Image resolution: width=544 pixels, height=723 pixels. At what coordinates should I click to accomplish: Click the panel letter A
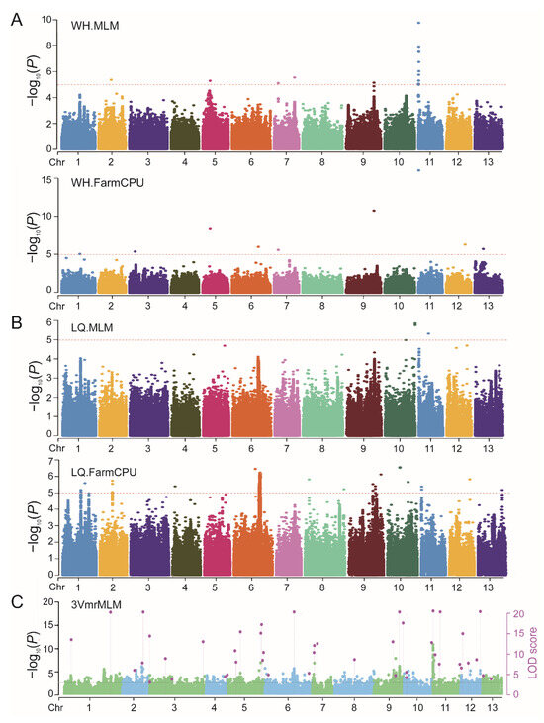(17, 20)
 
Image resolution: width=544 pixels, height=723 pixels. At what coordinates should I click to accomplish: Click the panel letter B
(16, 322)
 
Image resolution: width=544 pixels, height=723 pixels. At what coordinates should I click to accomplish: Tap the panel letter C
(17, 602)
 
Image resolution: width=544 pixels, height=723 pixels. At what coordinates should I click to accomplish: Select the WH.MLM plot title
(95, 26)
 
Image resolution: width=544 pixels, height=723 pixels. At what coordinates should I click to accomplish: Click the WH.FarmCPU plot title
(108, 183)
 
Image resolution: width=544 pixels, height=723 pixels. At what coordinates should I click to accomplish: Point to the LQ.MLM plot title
(92, 327)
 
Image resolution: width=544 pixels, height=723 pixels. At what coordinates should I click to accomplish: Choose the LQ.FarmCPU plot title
(104, 472)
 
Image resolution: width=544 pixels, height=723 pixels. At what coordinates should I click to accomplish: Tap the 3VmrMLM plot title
(96, 605)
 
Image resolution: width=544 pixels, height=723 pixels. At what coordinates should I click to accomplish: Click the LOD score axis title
(532, 653)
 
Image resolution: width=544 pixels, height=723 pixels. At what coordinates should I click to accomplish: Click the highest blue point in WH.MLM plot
(418, 23)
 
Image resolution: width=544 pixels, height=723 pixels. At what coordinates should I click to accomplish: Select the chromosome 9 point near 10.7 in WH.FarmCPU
(374, 211)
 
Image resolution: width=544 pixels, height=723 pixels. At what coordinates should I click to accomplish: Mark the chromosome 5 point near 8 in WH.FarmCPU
(211, 229)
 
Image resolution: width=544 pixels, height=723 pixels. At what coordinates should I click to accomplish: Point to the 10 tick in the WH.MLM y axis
(46, 20)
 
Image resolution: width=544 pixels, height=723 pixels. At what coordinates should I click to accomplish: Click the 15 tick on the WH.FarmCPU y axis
(46, 178)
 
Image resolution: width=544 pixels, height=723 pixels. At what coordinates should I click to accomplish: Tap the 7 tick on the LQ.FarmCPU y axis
(50, 460)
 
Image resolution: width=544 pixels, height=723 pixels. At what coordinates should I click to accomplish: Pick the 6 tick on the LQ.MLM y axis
(49, 321)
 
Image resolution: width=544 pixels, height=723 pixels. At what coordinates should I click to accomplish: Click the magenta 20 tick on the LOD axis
(518, 614)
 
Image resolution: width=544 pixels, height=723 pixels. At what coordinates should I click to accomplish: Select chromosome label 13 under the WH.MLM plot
(488, 162)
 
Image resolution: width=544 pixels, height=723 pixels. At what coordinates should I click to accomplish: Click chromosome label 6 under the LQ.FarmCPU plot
(251, 587)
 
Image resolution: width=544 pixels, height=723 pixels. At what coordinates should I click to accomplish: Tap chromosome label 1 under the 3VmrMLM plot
(89, 707)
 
